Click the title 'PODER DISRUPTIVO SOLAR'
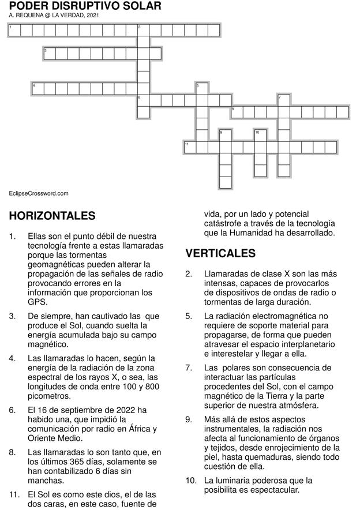pyautogui.click(x=85, y=6)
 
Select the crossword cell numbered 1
pyautogui.click(x=14, y=30)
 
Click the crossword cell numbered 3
pyautogui.click(x=50, y=54)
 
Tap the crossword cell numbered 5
pyautogui.click(x=201, y=89)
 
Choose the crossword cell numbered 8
pyautogui.click(x=237, y=112)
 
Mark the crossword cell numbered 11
pyautogui.click(x=190, y=147)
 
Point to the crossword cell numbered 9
pyautogui.click(x=225, y=136)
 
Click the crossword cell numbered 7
pyautogui.click(x=283, y=100)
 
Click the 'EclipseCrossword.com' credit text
pyautogui.click(x=39, y=194)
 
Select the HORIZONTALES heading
pyautogui.click(x=52, y=216)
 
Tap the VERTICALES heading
pyautogui.click(x=220, y=254)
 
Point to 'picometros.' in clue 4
pyautogui.click(x=49, y=396)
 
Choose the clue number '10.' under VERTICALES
pyautogui.click(x=191, y=481)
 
